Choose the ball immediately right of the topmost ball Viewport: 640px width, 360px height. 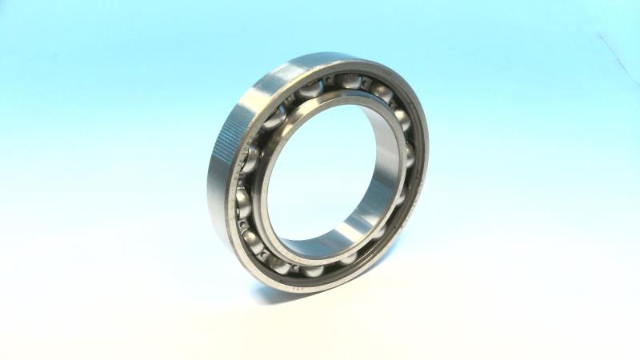coord(382,94)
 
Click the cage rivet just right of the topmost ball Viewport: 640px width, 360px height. coord(370,84)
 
